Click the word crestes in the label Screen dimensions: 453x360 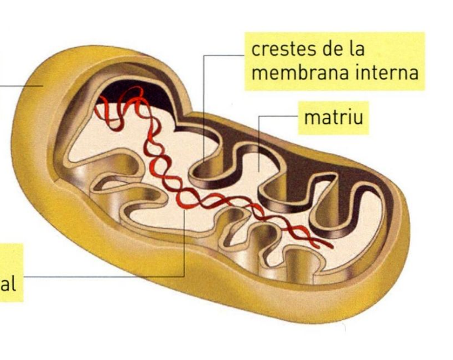click(281, 50)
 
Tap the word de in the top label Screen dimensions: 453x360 click(333, 50)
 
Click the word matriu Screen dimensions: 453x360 click(333, 117)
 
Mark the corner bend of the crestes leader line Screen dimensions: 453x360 click(204, 55)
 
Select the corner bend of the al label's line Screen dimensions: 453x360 click(184, 277)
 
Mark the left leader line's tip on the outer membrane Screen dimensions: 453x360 click(42, 85)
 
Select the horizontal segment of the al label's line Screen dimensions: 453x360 click(102, 277)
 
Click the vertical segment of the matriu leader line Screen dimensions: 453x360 click(259, 143)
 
